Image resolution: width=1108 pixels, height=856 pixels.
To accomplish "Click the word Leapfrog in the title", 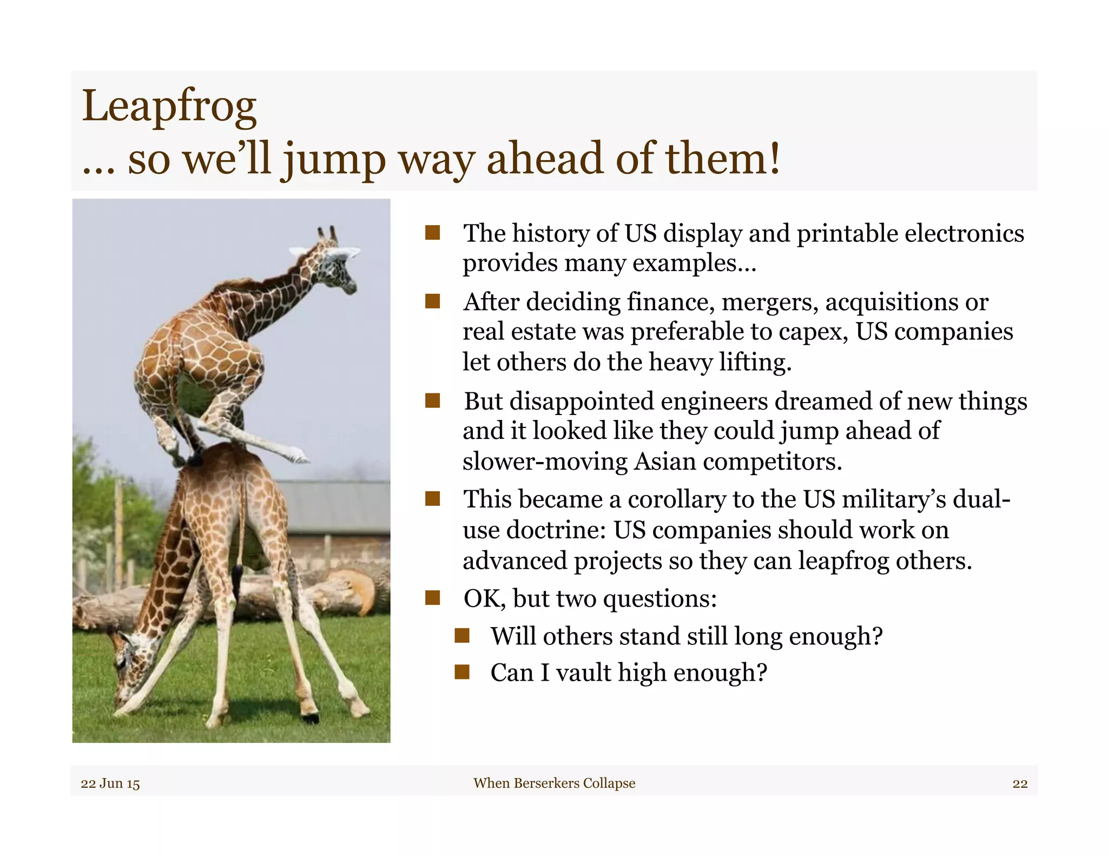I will click(169, 107).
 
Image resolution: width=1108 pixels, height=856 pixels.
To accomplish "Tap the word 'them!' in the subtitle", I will click(722, 159).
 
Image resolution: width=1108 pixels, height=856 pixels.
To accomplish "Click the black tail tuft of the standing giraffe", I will click(238, 576).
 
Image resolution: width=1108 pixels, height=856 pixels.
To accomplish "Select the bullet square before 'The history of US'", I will click(432, 233).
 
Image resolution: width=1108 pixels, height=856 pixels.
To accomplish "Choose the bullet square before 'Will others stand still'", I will click(461, 636).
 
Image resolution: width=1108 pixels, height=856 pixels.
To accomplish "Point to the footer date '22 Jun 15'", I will click(110, 783).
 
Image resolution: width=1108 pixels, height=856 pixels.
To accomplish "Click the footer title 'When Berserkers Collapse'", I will click(554, 783).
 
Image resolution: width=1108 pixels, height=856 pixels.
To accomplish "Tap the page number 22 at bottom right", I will click(1020, 783).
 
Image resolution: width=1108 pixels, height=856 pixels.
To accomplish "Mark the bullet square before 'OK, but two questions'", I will click(432, 598).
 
